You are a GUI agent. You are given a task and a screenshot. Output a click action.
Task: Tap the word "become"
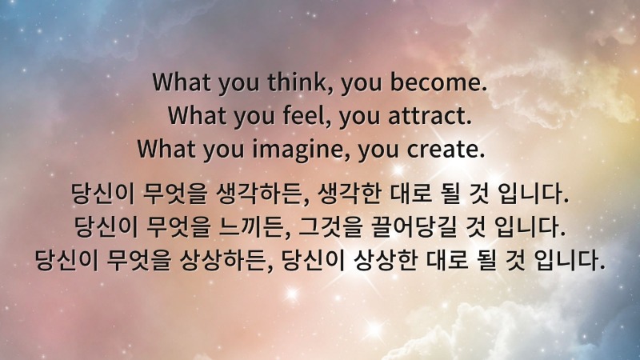(445, 82)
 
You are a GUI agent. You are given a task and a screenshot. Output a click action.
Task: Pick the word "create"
(450, 150)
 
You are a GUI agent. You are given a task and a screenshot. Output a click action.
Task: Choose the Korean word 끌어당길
(406, 226)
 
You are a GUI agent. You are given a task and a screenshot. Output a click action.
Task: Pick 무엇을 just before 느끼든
(170, 226)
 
